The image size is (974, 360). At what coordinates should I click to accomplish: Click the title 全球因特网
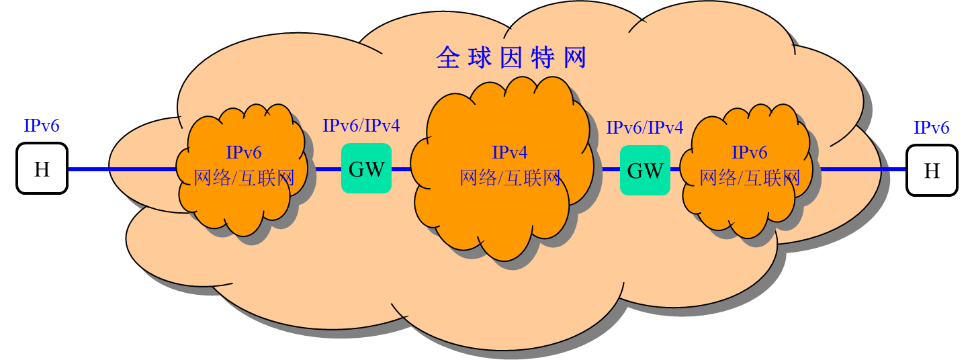511,58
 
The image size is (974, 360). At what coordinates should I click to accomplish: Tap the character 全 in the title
447,58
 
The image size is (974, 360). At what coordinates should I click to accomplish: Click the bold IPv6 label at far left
42,126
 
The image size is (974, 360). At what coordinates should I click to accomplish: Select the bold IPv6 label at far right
931,128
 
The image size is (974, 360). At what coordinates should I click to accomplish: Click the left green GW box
366,169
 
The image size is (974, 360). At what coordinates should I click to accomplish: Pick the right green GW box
645,171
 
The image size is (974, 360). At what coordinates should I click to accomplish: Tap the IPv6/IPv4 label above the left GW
361,126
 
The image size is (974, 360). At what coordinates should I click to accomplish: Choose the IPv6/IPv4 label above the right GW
645,128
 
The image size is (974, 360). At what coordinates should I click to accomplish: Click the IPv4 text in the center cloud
510,153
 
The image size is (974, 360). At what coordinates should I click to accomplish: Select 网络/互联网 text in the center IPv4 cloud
510,178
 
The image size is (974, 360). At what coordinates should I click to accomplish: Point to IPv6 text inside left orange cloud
244,153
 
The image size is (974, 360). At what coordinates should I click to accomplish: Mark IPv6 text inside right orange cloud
750,153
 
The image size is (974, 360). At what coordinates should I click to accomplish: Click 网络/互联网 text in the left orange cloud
244,178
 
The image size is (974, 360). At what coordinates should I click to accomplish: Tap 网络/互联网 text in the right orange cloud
750,178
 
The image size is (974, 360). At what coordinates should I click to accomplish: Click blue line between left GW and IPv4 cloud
401,169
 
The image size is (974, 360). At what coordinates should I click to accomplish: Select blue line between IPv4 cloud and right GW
611,169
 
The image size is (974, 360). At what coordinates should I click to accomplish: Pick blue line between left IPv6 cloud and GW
328,169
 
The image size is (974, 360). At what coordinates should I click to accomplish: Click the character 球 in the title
480,58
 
